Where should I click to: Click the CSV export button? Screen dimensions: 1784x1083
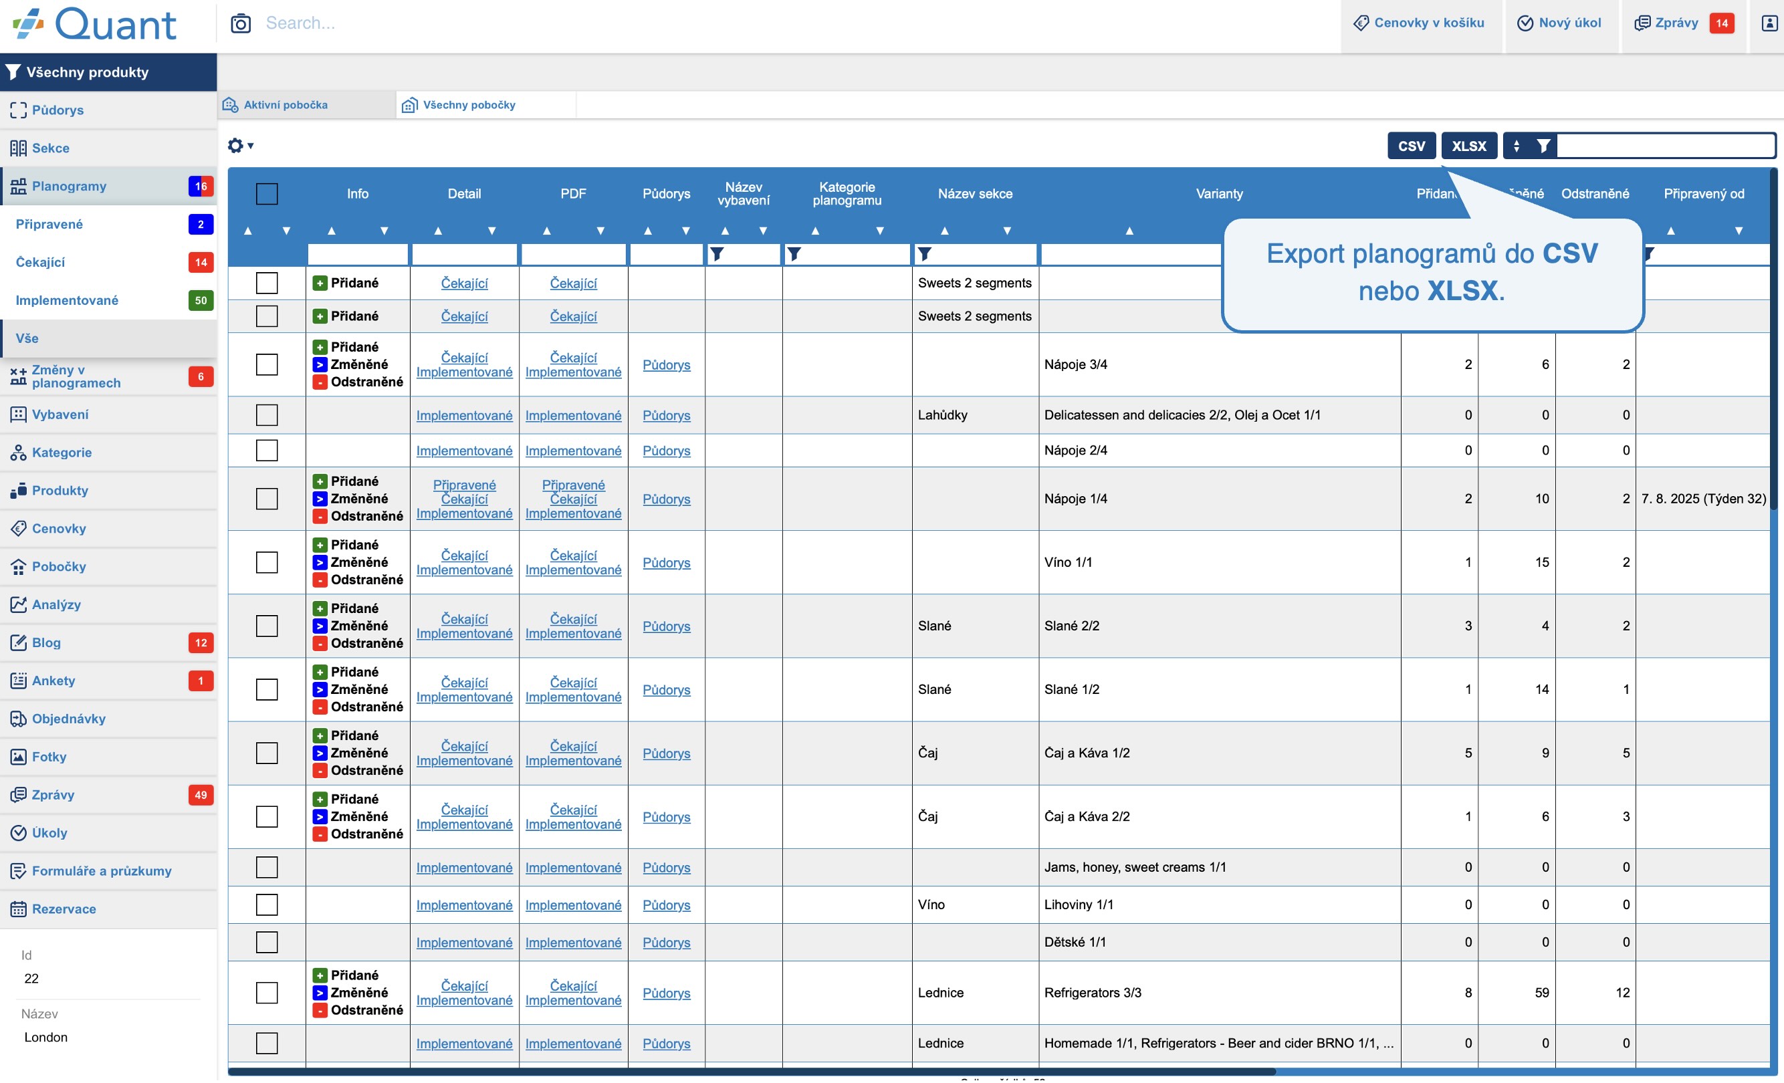(x=1411, y=146)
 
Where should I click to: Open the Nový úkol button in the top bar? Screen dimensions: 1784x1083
(x=1560, y=23)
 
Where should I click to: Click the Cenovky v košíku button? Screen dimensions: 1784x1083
(x=1420, y=23)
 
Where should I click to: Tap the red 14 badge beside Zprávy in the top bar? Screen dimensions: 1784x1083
(x=1721, y=23)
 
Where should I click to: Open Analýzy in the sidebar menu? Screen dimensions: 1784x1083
(x=55, y=604)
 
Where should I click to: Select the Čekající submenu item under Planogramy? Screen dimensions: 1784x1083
(x=41, y=262)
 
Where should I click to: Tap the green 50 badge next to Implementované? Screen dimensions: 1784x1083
(x=201, y=300)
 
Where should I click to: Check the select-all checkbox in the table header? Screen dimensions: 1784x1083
(x=266, y=194)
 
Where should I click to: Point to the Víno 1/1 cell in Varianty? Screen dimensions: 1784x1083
(x=1068, y=562)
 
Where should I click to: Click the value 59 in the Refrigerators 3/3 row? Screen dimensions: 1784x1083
(x=1541, y=993)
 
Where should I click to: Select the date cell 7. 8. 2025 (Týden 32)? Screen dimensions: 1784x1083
(x=1703, y=499)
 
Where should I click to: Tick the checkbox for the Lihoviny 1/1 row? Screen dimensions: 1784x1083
(x=266, y=905)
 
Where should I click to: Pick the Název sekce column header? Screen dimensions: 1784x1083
(x=974, y=194)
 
